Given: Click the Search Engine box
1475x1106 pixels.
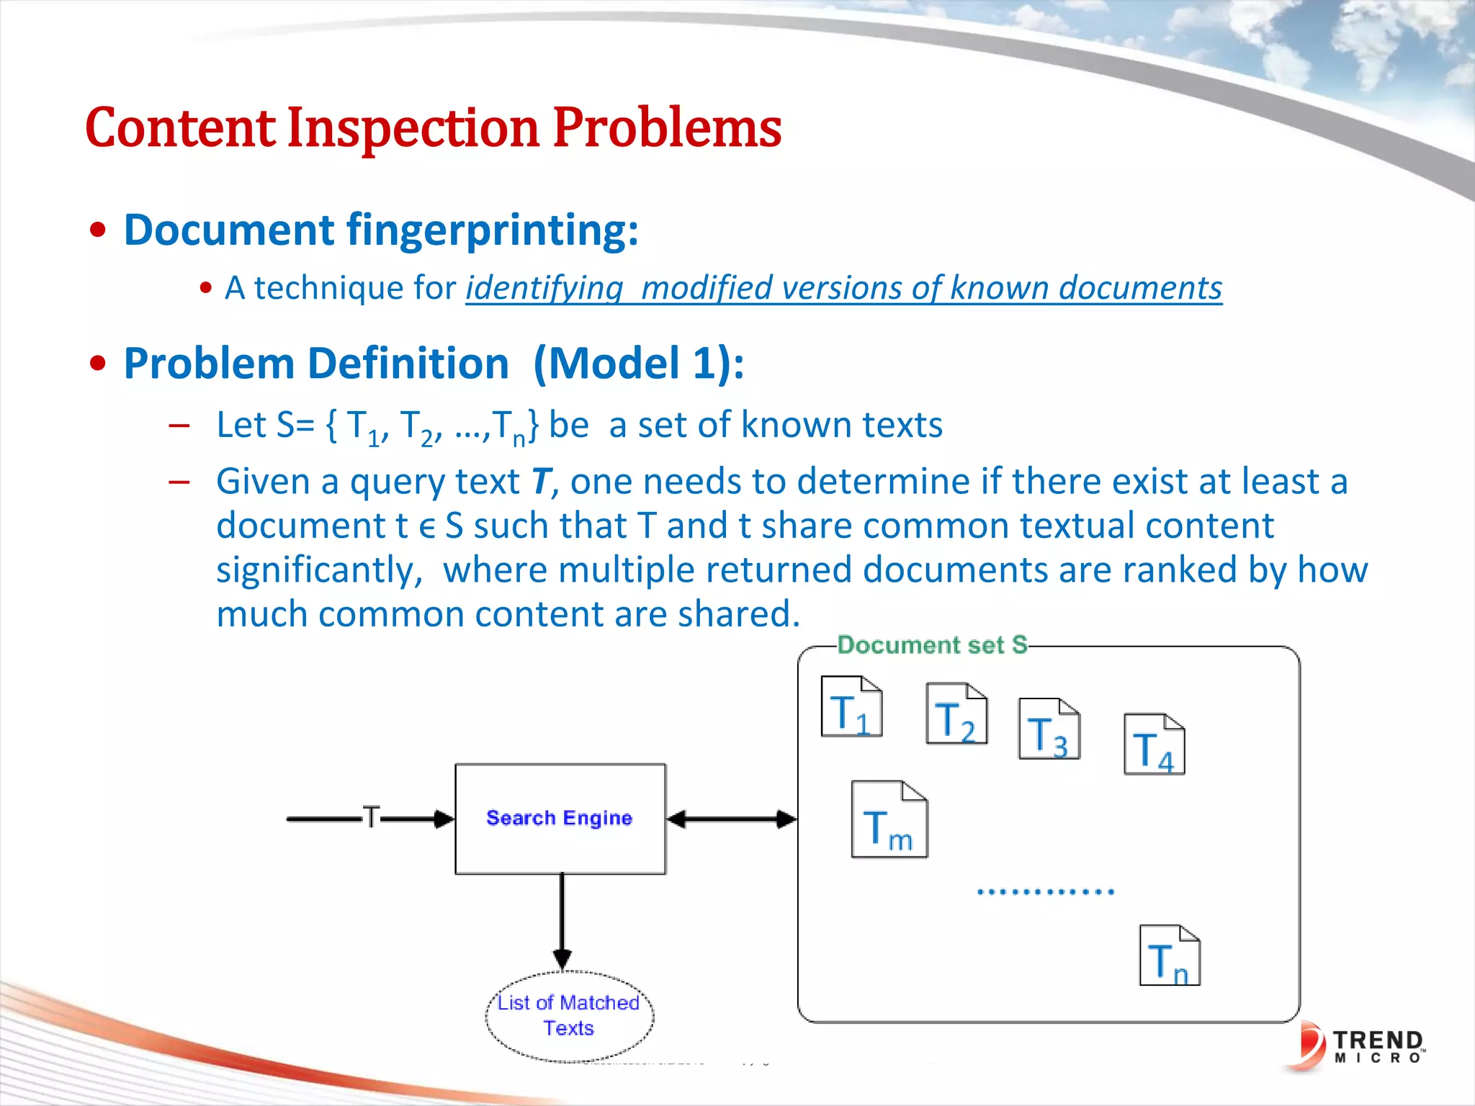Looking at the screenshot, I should pyautogui.click(x=560, y=819).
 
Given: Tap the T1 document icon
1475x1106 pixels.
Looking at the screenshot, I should pyautogui.click(x=851, y=706).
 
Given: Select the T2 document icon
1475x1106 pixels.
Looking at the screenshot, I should pyautogui.click(x=956, y=714).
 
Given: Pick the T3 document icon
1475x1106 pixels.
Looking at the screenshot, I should pyautogui.click(x=1049, y=729).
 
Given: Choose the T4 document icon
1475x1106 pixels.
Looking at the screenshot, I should pyautogui.click(x=1154, y=744).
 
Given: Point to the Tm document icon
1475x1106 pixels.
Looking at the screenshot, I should pyautogui.click(x=889, y=819).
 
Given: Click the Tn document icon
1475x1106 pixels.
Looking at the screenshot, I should pyautogui.click(x=1169, y=956).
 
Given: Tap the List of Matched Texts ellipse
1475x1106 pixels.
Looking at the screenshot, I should pyautogui.click(x=569, y=1015).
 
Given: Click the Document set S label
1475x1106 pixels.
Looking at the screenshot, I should pyautogui.click(x=932, y=644).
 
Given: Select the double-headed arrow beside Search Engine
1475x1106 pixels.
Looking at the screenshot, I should pyautogui.click(x=732, y=819).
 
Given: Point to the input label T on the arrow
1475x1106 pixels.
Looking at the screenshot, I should pyautogui.click(x=370, y=817).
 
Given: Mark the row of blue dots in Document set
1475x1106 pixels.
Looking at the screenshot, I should pyautogui.click(x=1045, y=891).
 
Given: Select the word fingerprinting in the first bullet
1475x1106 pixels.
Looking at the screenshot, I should pyautogui.click(x=492, y=230).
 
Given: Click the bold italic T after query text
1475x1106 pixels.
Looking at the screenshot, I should pyautogui.click(x=542, y=481).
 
